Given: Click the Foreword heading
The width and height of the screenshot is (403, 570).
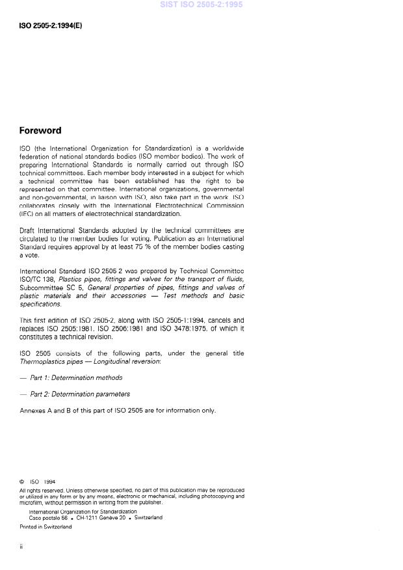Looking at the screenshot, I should [x=40, y=130].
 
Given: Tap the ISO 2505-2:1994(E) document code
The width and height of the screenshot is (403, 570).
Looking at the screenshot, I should [x=51, y=27].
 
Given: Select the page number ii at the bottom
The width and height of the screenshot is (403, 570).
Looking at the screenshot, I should [x=21, y=547].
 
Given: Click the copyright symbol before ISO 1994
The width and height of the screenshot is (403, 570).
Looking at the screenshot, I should [x=22, y=482].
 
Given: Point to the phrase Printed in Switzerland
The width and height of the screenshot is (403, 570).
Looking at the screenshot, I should [x=45, y=527].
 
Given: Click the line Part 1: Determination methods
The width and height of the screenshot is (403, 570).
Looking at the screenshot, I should [x=76, y=377].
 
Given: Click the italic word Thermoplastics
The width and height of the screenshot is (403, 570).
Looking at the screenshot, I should [x=43, y=360].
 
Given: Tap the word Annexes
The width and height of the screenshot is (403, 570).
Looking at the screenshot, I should [x=32, y=411].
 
